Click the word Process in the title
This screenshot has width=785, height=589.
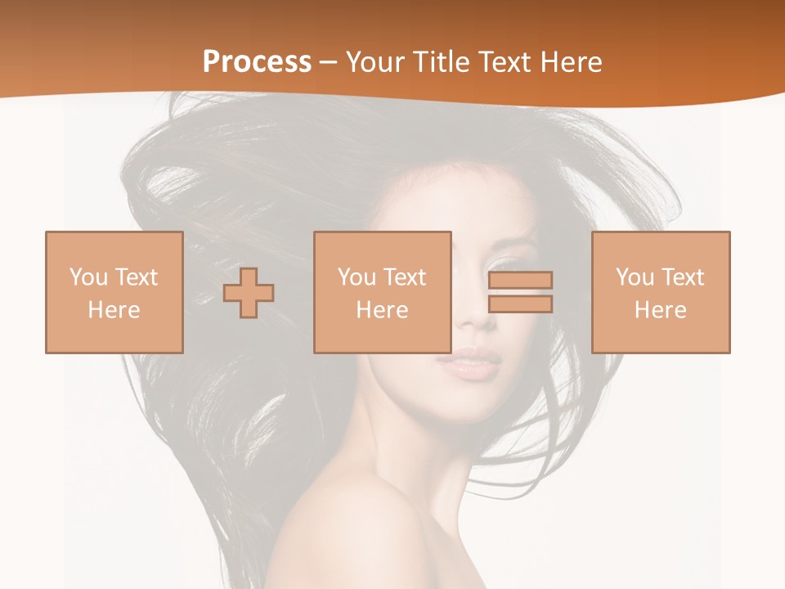pos(257,62)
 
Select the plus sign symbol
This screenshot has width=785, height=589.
pos(249,293)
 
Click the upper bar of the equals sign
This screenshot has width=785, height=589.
pos(520,280)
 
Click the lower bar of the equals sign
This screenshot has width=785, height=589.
pos(520,304)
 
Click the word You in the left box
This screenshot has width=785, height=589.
pos(87,277)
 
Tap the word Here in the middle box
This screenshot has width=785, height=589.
pos(382,310)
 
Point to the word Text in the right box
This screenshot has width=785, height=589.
pos(683,277)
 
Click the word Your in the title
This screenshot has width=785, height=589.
pos(377,62)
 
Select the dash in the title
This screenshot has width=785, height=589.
pos(329,62)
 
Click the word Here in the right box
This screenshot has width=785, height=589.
pos(660,310)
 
